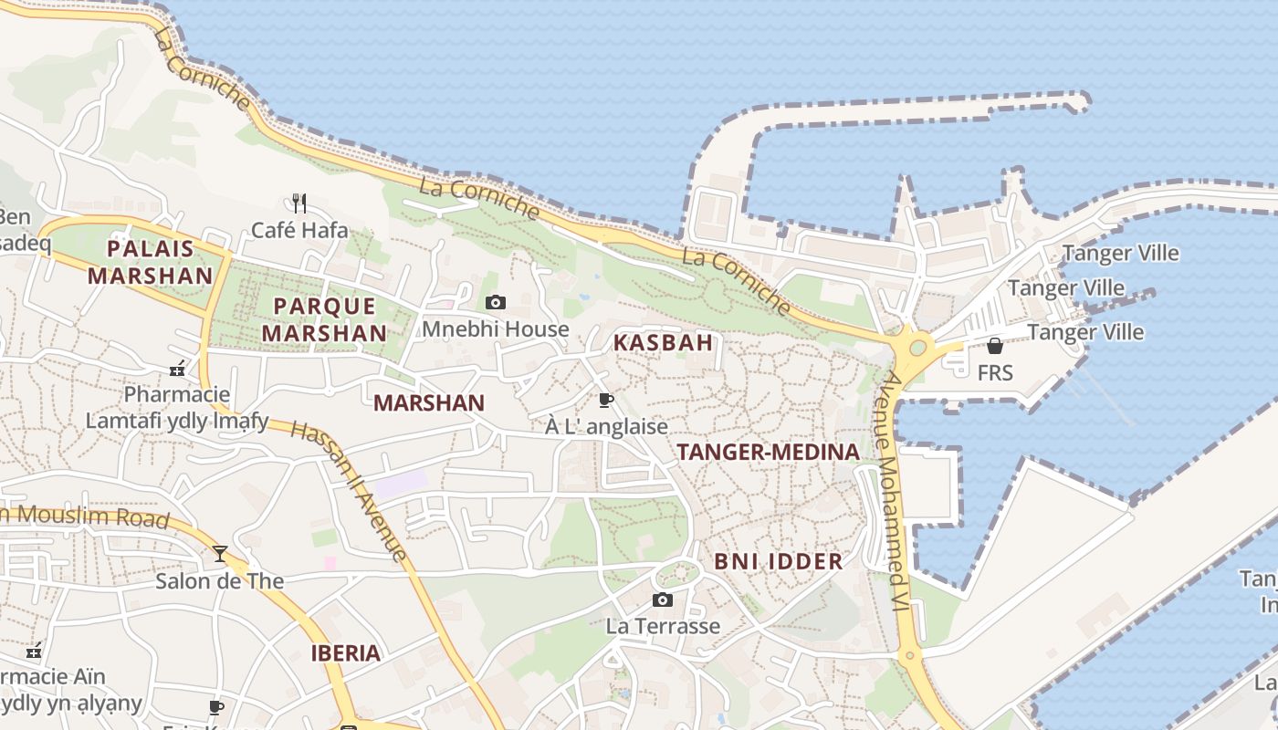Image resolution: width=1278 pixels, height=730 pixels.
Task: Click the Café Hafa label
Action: (x=299, y=230)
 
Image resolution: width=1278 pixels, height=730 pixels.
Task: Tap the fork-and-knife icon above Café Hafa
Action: (x=299, y=202)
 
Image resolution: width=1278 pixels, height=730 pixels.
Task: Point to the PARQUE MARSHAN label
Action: (x=324, y=319)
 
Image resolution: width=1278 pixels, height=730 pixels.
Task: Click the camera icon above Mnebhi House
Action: (x=496, y=302)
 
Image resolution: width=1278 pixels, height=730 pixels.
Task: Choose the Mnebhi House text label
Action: (x=496, y=328)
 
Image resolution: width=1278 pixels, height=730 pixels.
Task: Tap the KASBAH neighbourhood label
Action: (x=663, y=343)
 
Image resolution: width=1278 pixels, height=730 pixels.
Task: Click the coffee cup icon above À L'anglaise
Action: (x=605, y=400)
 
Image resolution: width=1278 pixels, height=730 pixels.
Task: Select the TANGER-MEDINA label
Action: (x=768, y=452)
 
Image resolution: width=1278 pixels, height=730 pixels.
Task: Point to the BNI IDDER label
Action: (x=779, y=561)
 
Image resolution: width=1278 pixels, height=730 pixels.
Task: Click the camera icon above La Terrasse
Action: (x=663, y=600)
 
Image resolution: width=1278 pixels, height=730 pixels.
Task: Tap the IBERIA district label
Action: (x=345, y=653)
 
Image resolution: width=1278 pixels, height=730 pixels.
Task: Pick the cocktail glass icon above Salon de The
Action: (x=220, y=553)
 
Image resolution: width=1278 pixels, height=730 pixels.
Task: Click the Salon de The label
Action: (x=219, y=581)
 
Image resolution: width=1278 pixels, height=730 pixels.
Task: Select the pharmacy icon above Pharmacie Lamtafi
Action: (x=177, y=370)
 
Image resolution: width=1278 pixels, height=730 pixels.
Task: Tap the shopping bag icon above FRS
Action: (x=995, y=346)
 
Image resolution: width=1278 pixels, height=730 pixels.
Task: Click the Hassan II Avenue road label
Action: (x=349, y=491)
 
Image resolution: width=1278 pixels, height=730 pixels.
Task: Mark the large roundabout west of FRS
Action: (x=917, y=347)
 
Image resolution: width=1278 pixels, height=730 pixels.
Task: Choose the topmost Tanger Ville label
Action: (x=1121, y=254)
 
